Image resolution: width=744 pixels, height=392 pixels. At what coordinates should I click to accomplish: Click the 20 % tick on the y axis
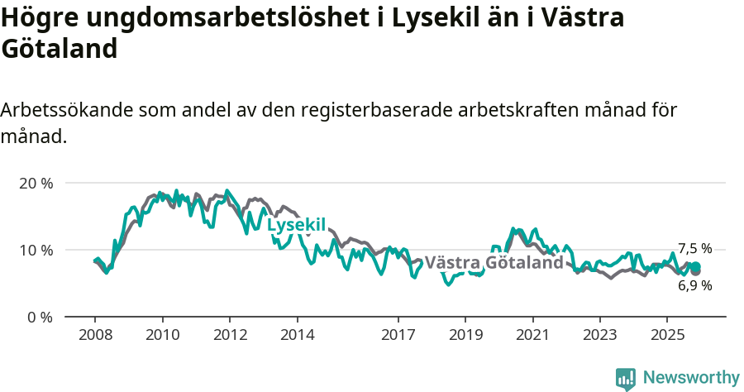click(36, 183)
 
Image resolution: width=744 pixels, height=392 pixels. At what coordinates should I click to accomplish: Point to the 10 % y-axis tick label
click(36, 250)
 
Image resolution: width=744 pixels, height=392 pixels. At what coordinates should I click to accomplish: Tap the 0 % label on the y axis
click(40, 317)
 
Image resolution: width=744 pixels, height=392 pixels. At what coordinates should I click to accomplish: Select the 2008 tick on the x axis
click(95, 335)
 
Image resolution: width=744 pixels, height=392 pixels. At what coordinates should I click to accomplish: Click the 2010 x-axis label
click(162, 335)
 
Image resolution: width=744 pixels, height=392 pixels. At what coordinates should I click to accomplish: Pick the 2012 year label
click(230, 335)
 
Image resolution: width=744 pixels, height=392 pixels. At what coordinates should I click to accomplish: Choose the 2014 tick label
click(297, 335)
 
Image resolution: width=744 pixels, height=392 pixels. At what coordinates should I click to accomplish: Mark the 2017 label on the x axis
click(398, 335)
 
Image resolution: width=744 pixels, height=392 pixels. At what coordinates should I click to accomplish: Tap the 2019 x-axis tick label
click(465, 335)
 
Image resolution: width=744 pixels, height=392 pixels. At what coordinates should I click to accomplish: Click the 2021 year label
click(532, 335)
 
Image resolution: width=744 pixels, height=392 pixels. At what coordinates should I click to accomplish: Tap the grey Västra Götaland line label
click(494, 263)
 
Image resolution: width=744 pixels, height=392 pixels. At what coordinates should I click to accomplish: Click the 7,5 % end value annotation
click(694, 248)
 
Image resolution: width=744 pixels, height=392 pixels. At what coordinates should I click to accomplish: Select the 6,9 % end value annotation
click(694, 285)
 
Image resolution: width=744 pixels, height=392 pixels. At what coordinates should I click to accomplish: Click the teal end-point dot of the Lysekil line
click(696, 266)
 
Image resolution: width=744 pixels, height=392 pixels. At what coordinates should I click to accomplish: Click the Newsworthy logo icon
click(626, 378)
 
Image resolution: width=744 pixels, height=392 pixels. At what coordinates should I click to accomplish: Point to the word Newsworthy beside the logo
click(691, 378)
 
